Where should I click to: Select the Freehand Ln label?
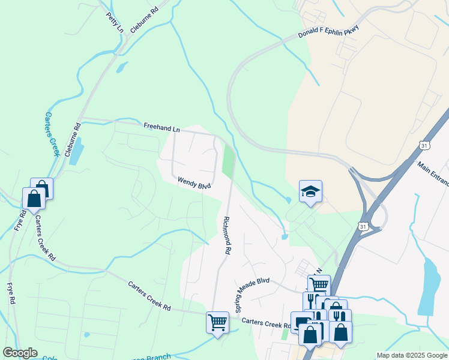pyautogui.click(x=161, y=128)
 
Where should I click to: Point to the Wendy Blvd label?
pyautogui.click(x=194, y=182)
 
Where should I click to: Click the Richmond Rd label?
pyautogui.click(x=227, y=236)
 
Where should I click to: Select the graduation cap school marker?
pyautogui.click(x=310, y=191)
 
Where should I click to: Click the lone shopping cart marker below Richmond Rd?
pyautogui.click(x=217, y=322)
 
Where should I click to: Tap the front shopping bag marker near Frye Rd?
pyautogui.click(x=34, y=198)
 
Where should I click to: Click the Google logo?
pyautogui.click(x=20, y=352)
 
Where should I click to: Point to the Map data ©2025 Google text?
pyautogui.click(x=412, y=355)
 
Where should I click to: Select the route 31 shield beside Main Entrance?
pyautogui.click(x=425, y=146)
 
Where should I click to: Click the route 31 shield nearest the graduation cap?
pyautogui.click(x=362, y=226)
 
